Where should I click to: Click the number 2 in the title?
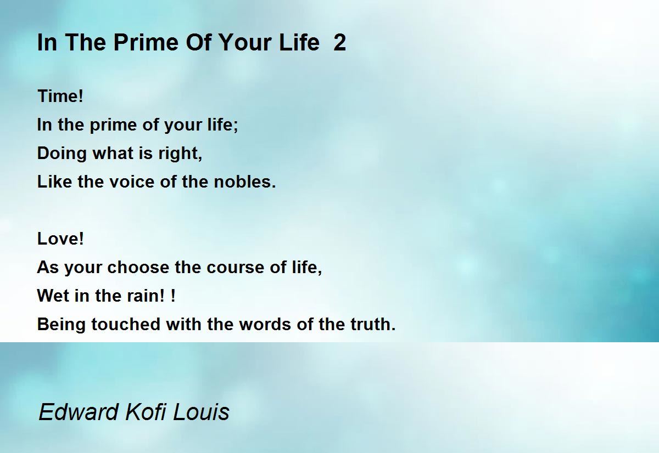[x=340, y=43]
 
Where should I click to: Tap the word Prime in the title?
[x=146, y=43]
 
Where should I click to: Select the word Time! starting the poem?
[x=60, y=96]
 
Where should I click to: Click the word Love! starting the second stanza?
[x=60, y=239]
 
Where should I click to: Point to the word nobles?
[x=245, y=182]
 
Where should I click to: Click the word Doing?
[x=62, y=154]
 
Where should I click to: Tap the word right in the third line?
[x=180, y=154]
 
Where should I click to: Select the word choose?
[x=138, y=267]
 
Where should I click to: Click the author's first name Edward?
[x=79, y=412]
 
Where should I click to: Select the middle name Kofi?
[x=146, y=412]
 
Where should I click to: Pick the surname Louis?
[x=201, y=412]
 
